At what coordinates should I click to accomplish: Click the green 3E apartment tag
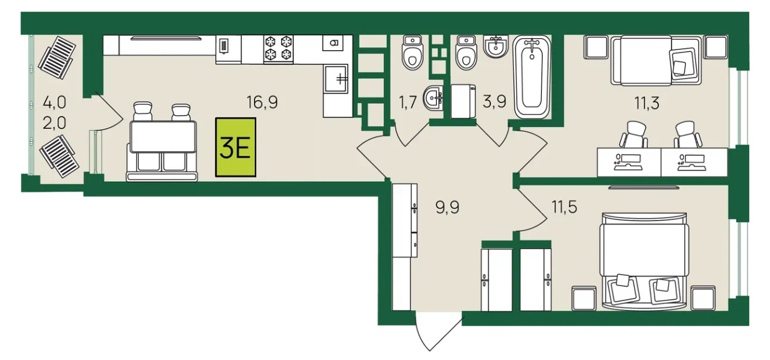tap(235, 147)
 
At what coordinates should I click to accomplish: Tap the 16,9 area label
tap(262, 103)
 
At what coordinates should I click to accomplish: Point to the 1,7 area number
tap(408, 103)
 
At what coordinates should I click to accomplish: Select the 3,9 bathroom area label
tap(494, 102)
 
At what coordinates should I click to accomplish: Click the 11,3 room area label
tap(647, 103)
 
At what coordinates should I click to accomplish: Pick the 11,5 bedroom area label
tap(564, 207)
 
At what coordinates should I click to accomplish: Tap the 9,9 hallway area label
tap(448, 207)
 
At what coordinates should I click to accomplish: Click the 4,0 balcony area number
tap(54, 103)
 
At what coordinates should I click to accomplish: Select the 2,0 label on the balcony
tap(54, 123)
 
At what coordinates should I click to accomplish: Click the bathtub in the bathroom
tap(532, 77)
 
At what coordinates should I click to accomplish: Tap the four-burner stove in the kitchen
tap(278, 49)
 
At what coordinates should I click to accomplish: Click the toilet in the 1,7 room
tap(412, 52)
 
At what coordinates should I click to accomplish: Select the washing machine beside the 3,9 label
tap(463, 101)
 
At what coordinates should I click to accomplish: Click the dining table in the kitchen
tap(163, 136)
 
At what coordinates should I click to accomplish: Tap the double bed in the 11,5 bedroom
tap(644, 261)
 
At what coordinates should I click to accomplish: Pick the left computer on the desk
tap(628, 162)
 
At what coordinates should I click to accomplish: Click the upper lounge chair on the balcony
tap(57, 58)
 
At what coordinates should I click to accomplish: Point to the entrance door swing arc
tap(426, 340)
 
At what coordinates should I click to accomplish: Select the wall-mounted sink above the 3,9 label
tap(496, 46)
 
